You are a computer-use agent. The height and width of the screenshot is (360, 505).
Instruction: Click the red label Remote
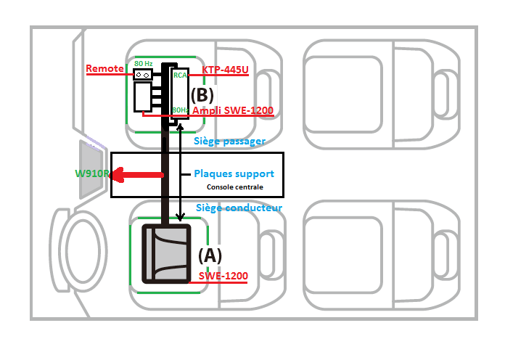click(104, 69)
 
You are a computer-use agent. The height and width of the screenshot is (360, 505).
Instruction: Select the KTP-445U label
click(226, 70)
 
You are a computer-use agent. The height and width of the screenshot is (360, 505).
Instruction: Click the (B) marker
click(203, 94)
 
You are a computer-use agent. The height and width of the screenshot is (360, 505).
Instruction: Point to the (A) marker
click(210, 255)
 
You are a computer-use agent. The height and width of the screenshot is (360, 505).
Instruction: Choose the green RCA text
click(180, 74)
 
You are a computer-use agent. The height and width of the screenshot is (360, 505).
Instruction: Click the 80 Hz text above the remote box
click(143, 63)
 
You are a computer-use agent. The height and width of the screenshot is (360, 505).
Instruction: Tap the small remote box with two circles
click(142, 73)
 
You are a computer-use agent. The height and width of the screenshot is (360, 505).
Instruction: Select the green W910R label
click(92, 174)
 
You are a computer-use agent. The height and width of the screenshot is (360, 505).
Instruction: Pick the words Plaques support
click(234, 174)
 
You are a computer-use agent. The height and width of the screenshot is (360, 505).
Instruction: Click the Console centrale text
click(236, 187)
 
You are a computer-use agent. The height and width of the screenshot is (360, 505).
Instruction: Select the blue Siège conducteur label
click(239, 208)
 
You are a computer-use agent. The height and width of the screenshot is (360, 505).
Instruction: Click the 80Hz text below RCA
click(180, 110)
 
